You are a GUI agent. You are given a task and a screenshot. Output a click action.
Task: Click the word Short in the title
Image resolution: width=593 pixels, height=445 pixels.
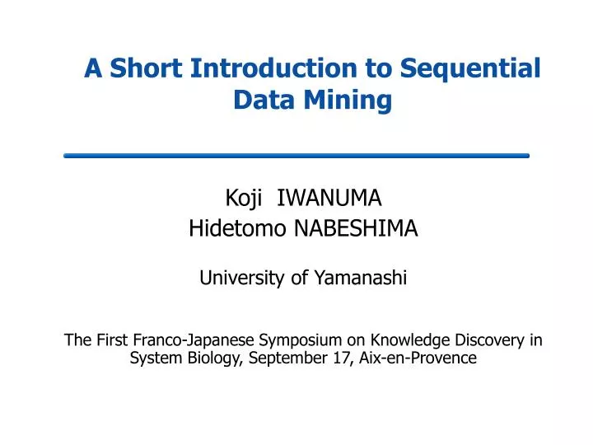tap(146, 68)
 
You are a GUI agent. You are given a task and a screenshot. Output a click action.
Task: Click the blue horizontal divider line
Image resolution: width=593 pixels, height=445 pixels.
tap(296, 155)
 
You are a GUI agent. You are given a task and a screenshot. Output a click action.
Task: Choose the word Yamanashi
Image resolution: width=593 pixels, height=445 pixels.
tap(362, 279)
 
